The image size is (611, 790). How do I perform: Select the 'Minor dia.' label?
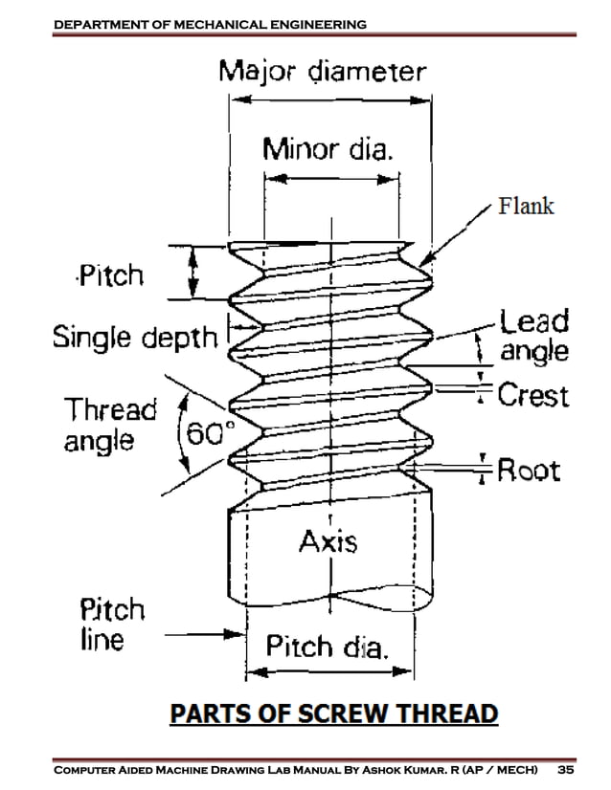coord(329,149)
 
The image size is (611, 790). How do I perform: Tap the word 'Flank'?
coord(526,206)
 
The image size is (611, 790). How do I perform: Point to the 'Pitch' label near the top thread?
coord(110,277)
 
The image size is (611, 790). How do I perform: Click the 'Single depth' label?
coord(135,338)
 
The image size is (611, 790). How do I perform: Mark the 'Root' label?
coord(528,471)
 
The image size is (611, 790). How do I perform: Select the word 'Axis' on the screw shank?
coord(328,542)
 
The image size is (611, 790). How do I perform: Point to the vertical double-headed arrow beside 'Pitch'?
coord(194,273)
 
